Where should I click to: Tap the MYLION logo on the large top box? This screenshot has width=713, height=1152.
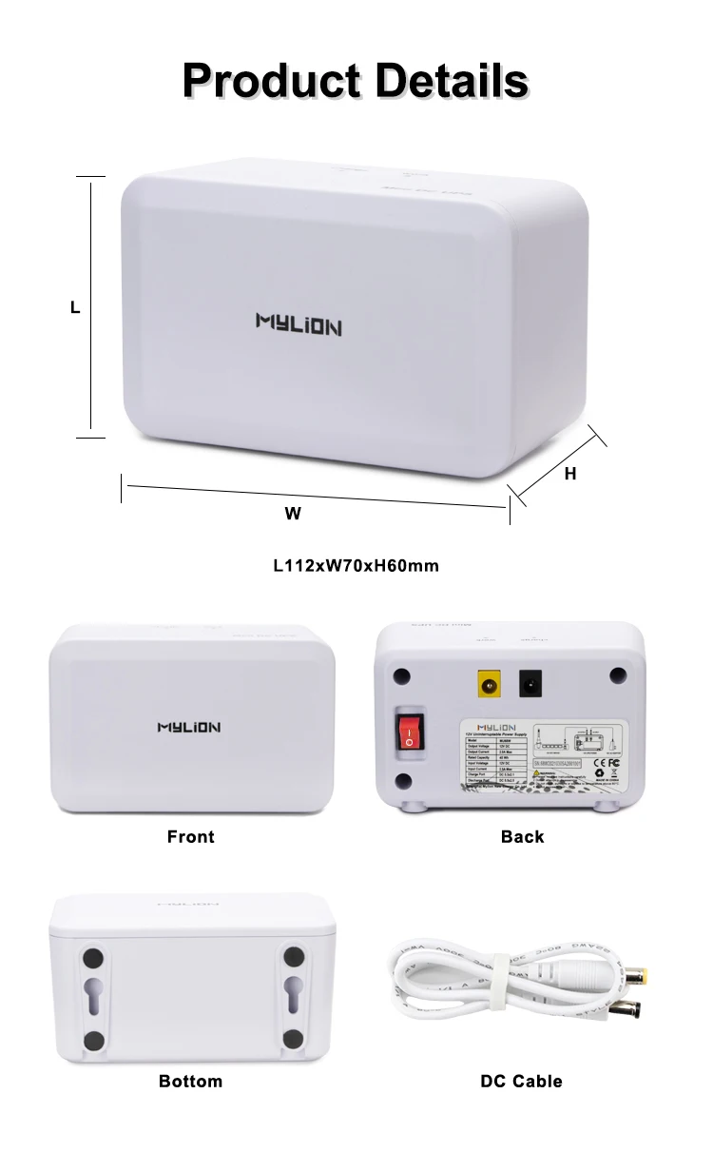[x=299, y=325]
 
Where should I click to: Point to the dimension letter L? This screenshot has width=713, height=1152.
[x=75, y=308]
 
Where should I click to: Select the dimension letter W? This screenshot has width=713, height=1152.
[x=293, y=514]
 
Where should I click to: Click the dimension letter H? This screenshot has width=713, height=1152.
[x=570, y=473]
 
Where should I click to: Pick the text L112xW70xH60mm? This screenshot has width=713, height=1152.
[x=356, y=566]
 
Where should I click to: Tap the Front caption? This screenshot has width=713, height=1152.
[x=191, y=837]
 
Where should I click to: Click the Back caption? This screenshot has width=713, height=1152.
[x=522, y=837]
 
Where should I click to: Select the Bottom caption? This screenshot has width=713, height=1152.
[x=191, y=1082]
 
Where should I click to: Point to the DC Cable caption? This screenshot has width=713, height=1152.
[x=522, y=1082]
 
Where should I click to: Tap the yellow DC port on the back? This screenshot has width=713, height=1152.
[x=489, y=682]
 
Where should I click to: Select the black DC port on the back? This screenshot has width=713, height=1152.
[x=530, y=682]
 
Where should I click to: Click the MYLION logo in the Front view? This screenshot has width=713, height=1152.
[x=188, y=728]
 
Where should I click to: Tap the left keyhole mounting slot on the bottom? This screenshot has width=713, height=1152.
[x=93, y=998]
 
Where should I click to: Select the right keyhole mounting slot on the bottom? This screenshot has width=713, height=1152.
[x=292, y=998]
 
